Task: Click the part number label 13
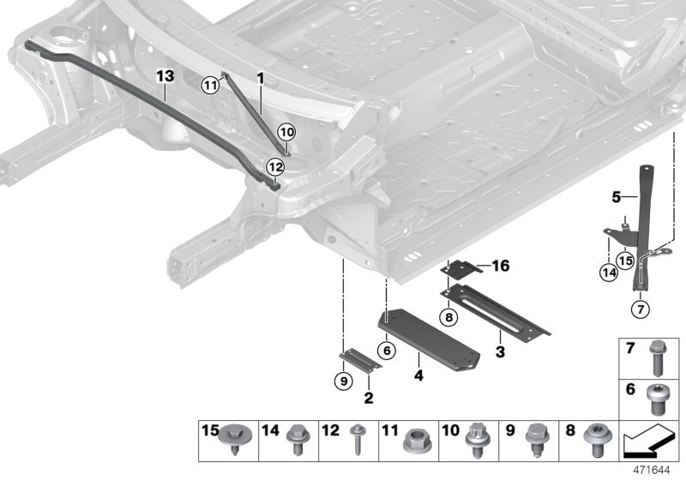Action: [x=165, y=76]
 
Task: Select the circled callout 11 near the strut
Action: [x=210, y=83]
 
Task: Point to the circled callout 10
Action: [x=286, y=132]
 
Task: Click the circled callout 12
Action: [x=274, y=166]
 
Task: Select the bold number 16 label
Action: [x=500, y=267]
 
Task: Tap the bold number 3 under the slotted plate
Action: [x=500, y=351]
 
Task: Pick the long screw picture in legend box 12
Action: [x=357, y=441]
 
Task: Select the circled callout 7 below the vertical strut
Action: [x=639, y=309]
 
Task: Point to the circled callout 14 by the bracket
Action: [x=608, y=273]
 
